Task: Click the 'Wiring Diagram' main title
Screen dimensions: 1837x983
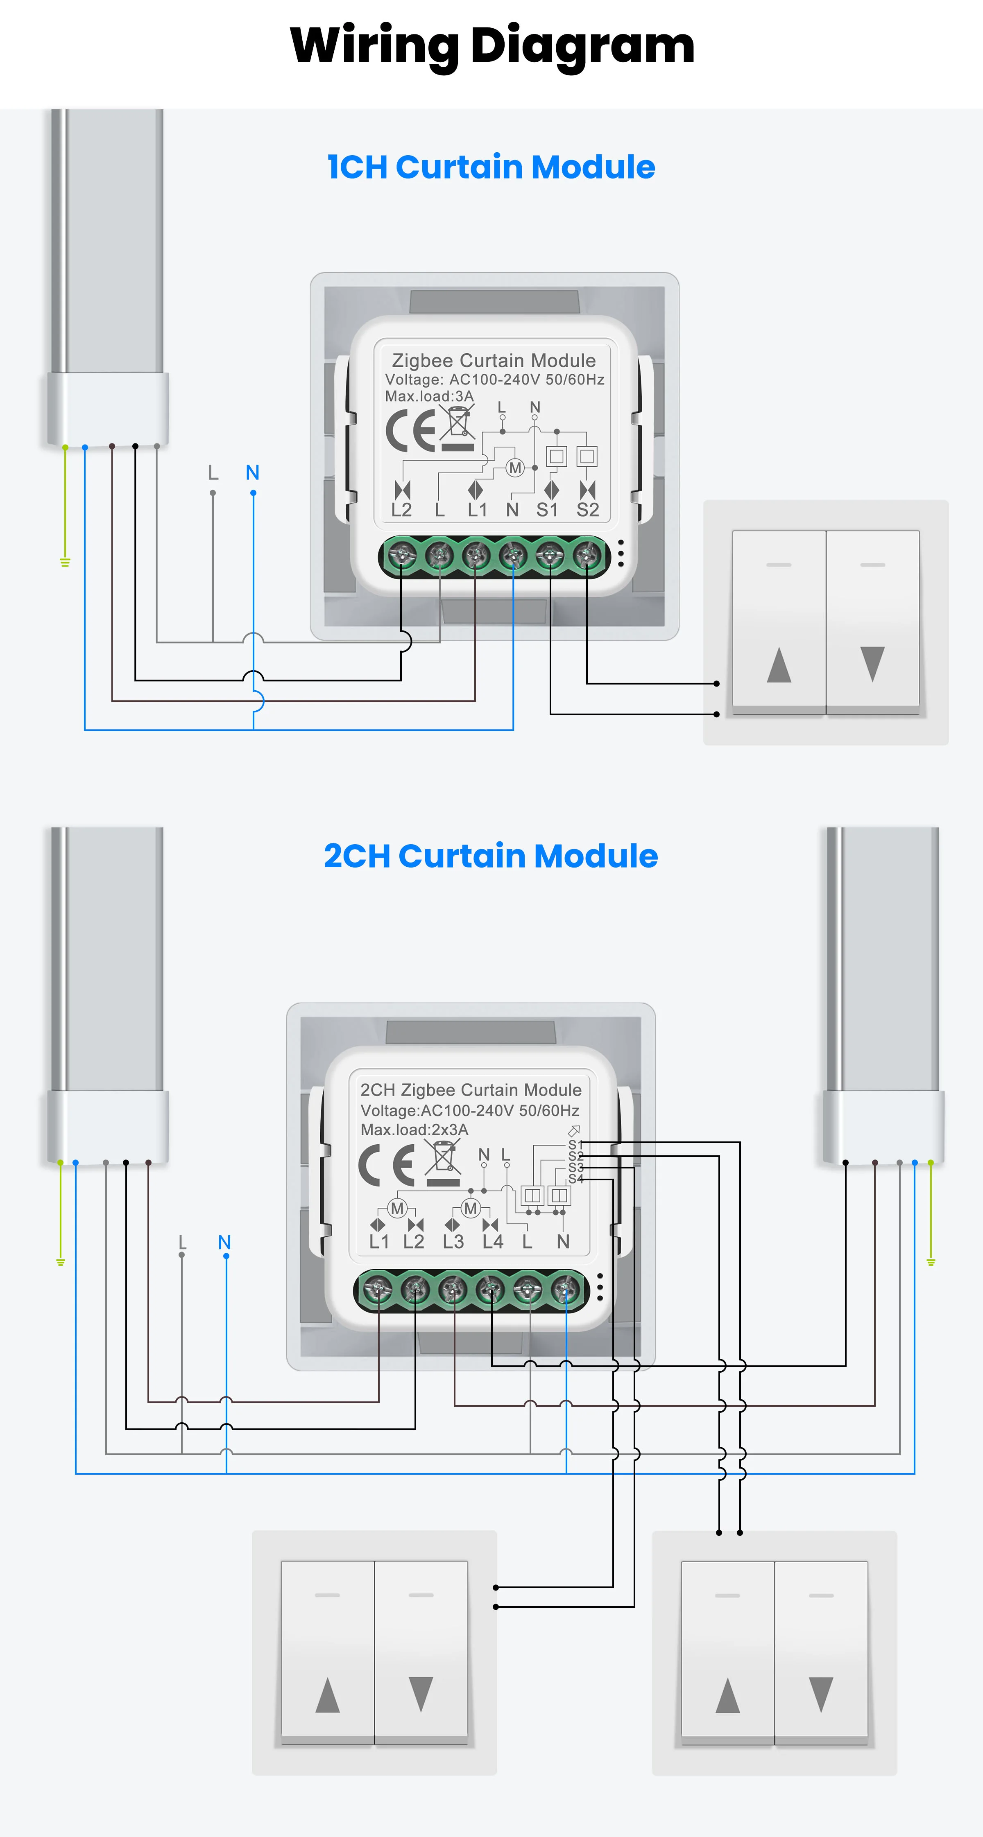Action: point(491,45)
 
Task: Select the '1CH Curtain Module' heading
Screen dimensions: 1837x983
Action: point(491,167)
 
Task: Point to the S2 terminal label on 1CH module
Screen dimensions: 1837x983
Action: point(588,510)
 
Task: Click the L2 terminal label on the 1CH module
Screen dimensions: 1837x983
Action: point(402,510)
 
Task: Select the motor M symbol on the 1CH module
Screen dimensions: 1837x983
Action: point(514,468)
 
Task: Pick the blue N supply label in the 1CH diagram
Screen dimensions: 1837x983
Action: point(253,473)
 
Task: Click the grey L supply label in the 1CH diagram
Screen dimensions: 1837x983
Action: point(213,473)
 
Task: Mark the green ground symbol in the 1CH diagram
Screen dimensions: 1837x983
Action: point(65,563)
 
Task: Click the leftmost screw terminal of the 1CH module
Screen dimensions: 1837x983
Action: point(402,554)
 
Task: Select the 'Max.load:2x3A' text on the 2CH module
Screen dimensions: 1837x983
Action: point(414,1130)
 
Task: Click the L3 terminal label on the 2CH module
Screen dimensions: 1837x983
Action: point(453,1242)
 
